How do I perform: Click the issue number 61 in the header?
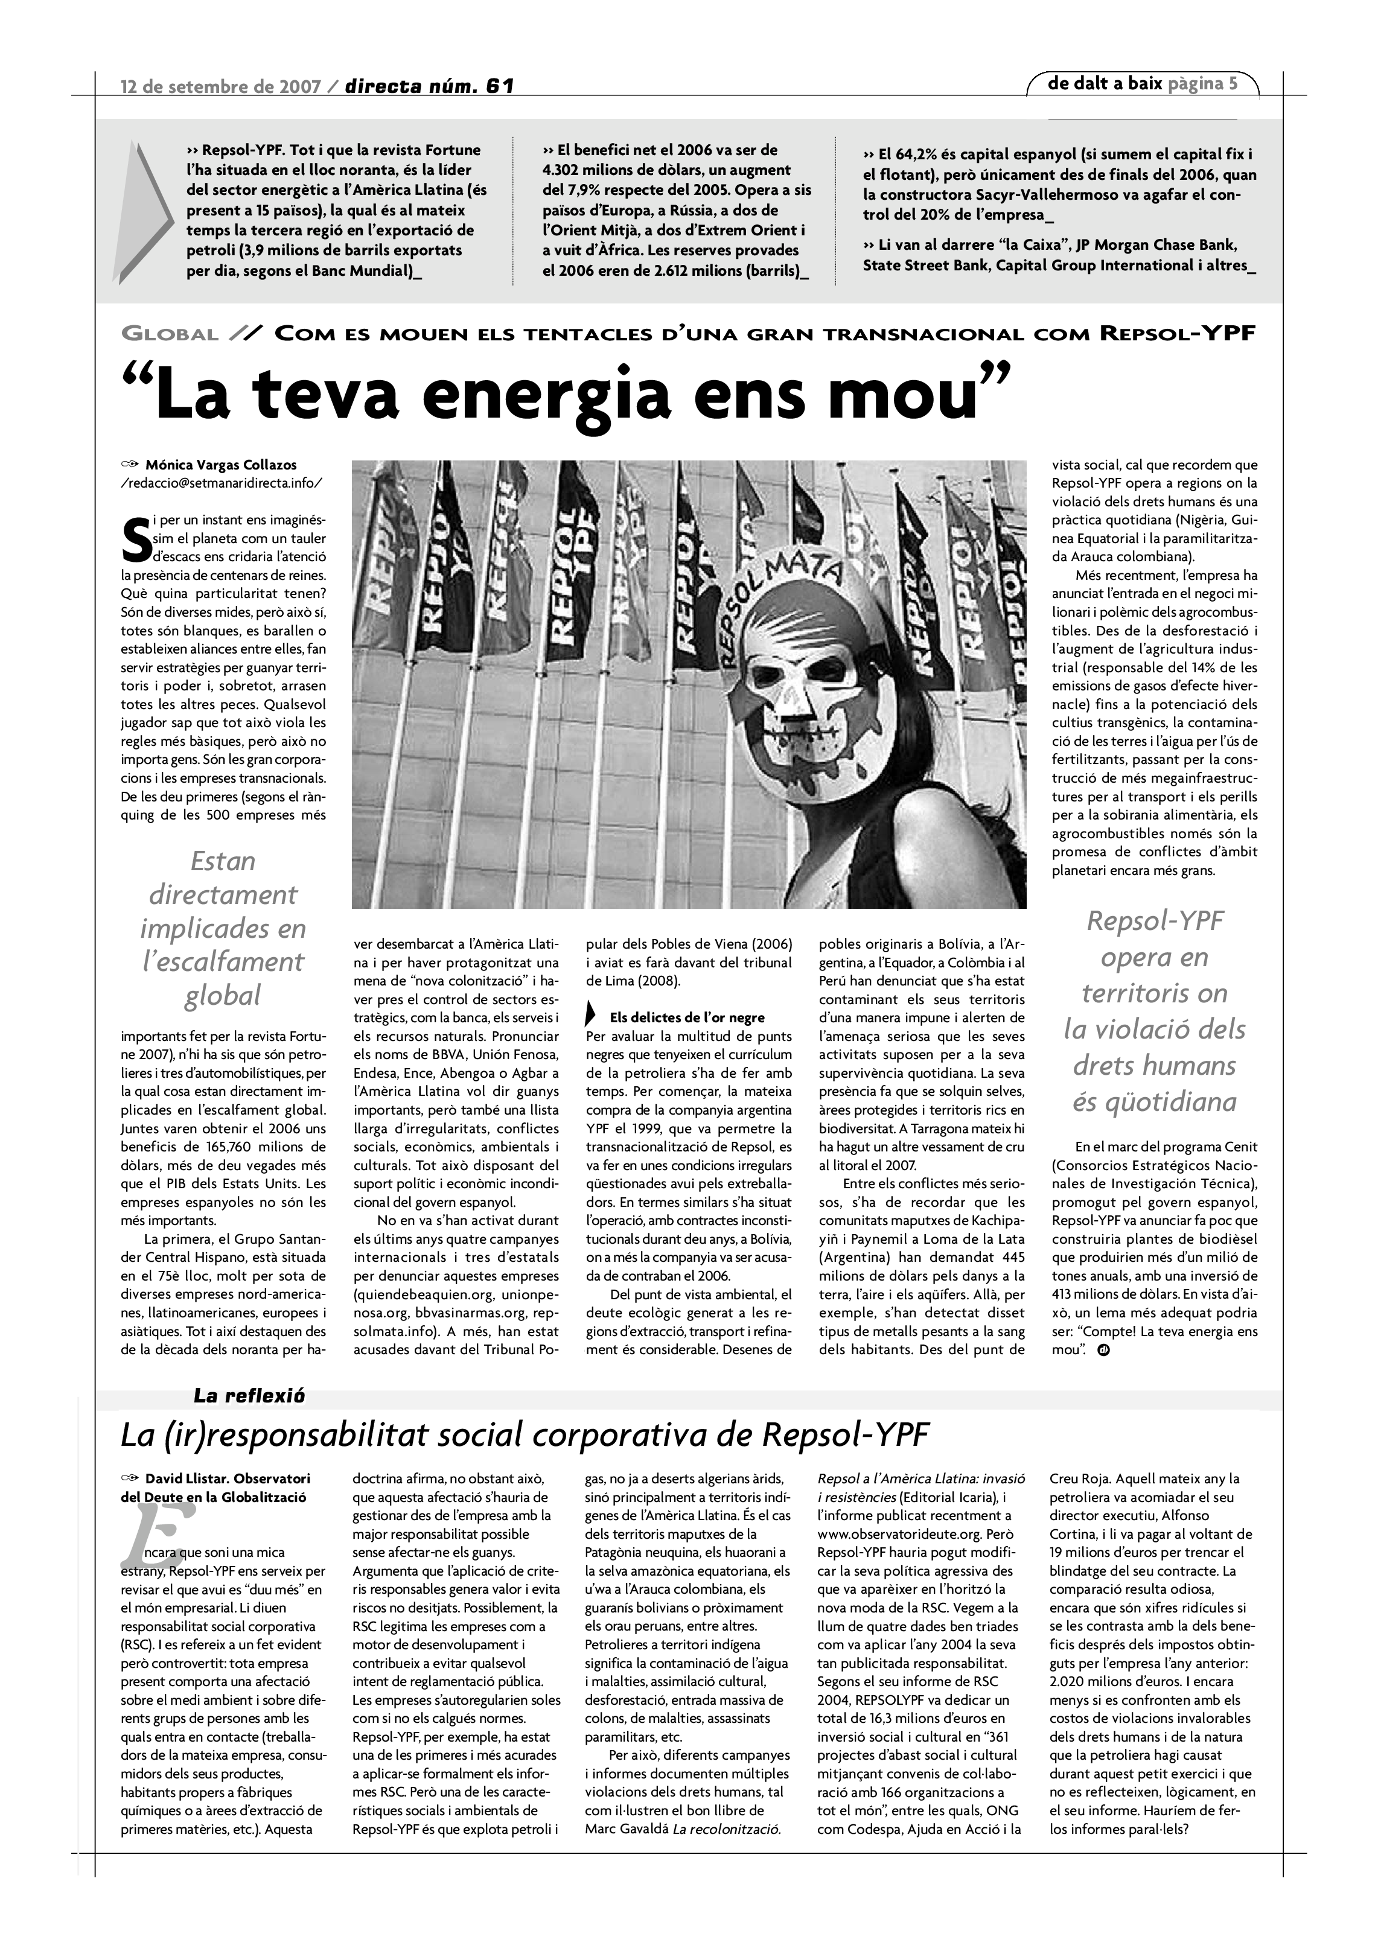pos(500,86)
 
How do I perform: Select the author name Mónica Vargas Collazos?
pos(221,465)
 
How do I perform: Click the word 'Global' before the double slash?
pos(170,334)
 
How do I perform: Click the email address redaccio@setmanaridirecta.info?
pos(222,483)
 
